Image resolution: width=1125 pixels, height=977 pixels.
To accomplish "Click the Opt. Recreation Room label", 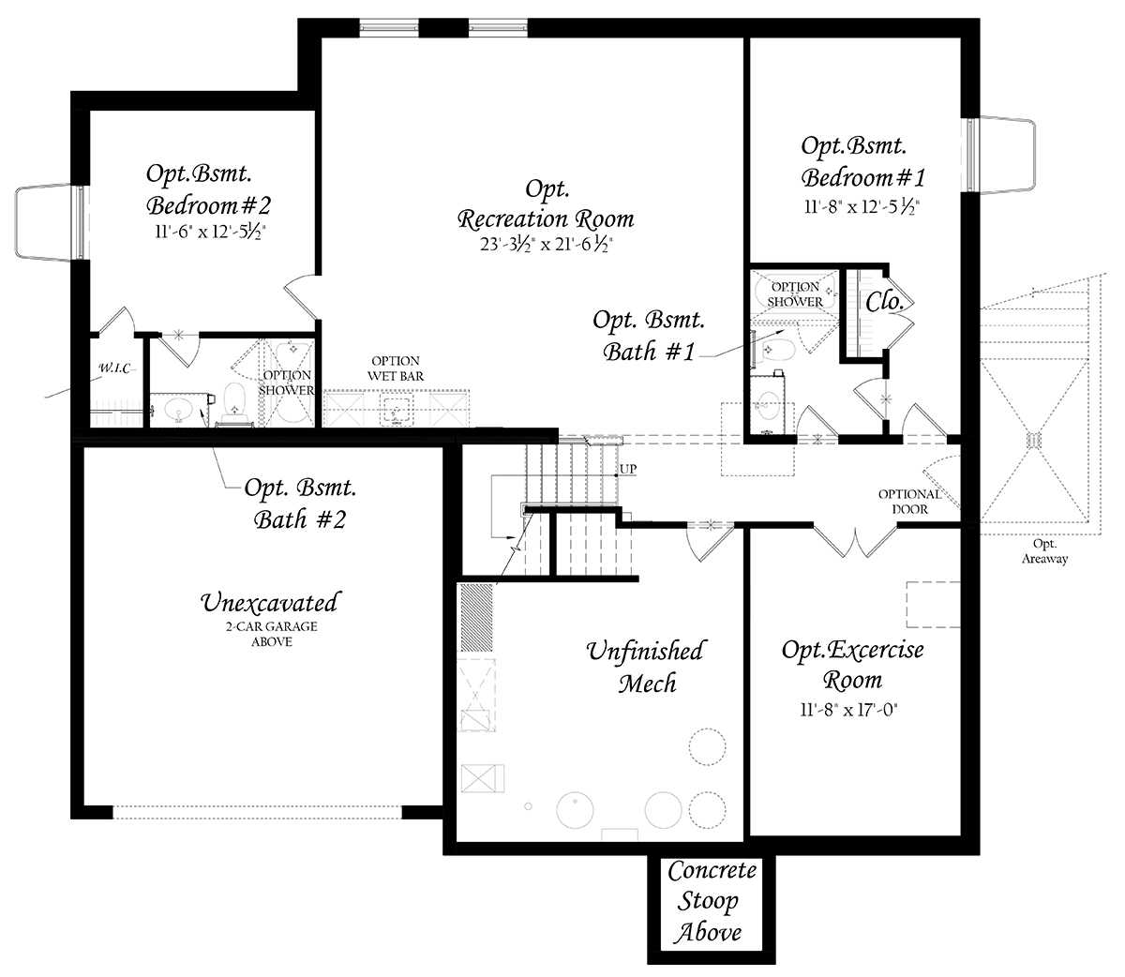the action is [x=546, y=204].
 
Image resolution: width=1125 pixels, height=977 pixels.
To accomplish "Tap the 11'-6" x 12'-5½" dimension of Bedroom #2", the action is [x=209, y=232].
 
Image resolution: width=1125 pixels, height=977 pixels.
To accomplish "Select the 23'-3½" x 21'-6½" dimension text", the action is [x=546, y=244].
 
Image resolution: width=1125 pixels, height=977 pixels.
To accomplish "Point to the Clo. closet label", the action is [x=884, y=301].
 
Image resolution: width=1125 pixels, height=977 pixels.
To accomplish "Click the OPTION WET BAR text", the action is [x=396, y=368].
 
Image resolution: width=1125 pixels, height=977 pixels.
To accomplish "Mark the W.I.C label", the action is [x=115, y=368].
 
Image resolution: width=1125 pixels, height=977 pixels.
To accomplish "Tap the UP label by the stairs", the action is [x=628, y=469].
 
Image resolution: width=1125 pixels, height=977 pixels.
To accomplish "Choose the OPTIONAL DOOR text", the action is [x=910, y=502].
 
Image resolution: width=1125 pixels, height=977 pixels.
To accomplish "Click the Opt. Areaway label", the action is [x=1044, y=551].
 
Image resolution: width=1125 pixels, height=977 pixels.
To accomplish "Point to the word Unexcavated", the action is [x=271, y=603].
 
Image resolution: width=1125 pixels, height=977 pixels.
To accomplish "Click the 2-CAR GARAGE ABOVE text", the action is [x=272, y=634].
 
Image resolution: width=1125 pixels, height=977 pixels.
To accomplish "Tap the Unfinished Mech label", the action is [x=646, y=667].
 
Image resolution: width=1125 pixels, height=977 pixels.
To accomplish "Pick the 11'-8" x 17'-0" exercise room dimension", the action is [x=849, y=711].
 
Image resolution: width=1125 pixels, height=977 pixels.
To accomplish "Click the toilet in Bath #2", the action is [x=234, y=404].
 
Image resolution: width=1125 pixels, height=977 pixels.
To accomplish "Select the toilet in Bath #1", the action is [x=776, y=349].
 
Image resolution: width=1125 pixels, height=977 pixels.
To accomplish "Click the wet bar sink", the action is [x=396, y=409].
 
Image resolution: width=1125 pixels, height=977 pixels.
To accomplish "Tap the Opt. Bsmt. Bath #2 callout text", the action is [x=300, y=504].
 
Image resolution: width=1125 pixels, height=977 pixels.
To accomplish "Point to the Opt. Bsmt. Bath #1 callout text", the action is [x=649, y=336].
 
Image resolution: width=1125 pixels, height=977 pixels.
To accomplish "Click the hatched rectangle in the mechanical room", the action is [x=476, y=618].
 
